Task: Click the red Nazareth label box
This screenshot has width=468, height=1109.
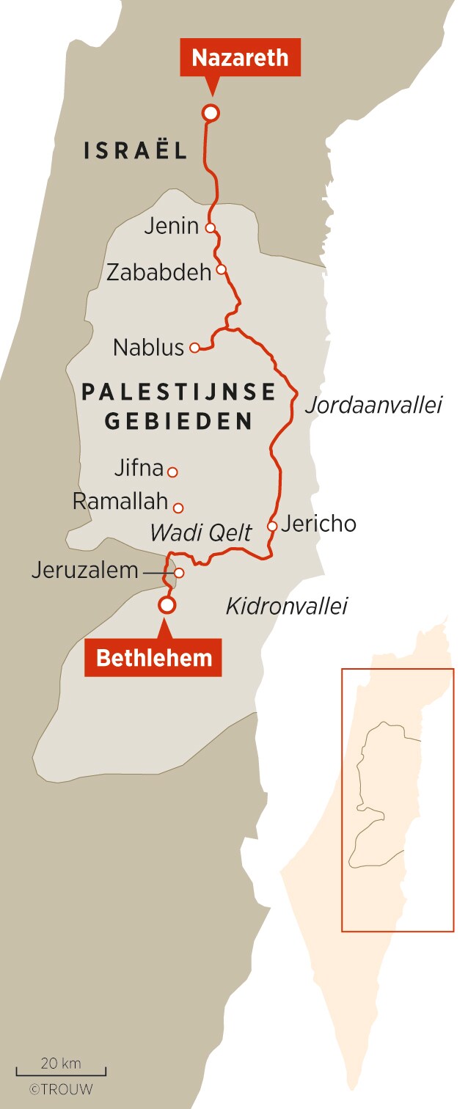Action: [241, 57]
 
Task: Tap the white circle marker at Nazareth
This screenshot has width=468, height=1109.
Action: [211, 112]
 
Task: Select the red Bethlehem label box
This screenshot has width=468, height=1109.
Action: [153, 657]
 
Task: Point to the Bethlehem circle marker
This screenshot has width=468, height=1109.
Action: [168, 604]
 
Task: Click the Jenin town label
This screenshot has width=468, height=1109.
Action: [171, 226]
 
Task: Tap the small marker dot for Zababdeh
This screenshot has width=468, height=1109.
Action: [220, 269]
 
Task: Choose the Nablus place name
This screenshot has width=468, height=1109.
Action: [148, 348]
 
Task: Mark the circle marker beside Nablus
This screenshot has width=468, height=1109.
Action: [194, 348]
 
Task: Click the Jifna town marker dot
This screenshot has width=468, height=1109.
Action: [172, 472]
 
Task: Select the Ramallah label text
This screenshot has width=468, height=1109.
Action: [120, 502]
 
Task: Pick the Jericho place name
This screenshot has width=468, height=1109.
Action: [318, 524]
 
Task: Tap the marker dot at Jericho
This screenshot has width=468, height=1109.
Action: [272, 526]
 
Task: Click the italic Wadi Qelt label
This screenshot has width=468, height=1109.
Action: [201, 533]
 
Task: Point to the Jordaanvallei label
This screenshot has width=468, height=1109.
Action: [373, 405]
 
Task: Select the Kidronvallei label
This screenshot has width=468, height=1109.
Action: [286, 607]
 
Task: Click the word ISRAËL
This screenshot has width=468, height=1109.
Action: [136, 151]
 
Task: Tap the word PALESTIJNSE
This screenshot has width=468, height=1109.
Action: [178, 392]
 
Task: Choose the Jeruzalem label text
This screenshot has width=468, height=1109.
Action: [84, 570]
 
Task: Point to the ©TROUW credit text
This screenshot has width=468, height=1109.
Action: [61, 1089]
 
